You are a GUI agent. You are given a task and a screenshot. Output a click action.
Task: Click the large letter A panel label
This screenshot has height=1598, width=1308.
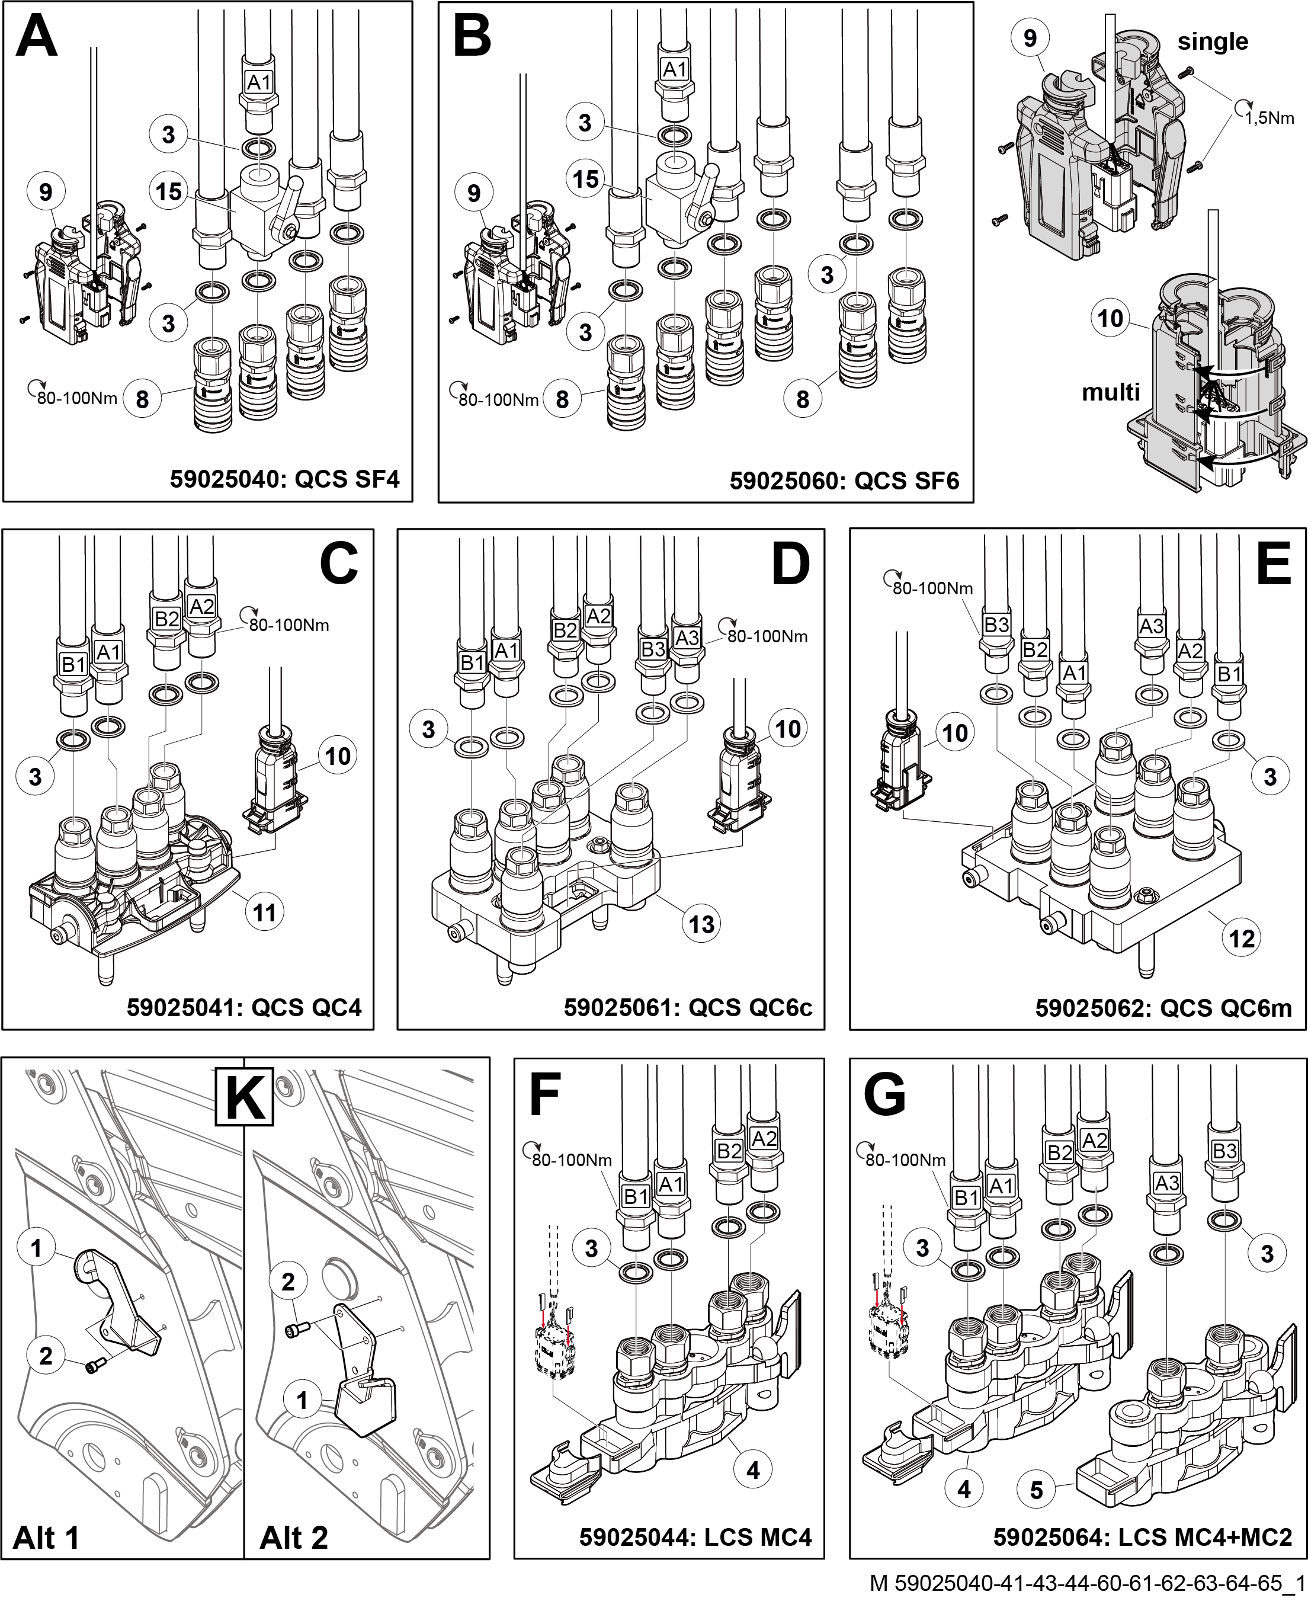click(x=37, y=38)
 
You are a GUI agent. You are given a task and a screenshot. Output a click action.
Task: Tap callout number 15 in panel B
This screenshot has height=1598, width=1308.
click(x=585, y=180)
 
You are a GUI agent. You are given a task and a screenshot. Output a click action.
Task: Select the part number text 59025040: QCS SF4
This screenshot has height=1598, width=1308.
click(x=285, y=479)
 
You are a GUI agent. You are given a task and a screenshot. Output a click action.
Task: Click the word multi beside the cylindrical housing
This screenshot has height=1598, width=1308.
click(x=1111, y=392)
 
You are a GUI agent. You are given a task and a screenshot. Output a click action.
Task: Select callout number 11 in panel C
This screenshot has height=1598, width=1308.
click(x=264, y=912)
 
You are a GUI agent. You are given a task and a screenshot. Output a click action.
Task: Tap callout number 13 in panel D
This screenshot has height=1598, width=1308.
click(x=701, y=924)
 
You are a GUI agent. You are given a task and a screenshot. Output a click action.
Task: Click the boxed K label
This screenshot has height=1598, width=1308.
click(x=244, y=1096)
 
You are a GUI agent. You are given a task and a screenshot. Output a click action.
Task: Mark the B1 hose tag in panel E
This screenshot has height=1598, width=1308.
click(x=1229, y=674)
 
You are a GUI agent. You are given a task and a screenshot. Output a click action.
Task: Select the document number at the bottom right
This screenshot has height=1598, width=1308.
click(x=1088, y=1584)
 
